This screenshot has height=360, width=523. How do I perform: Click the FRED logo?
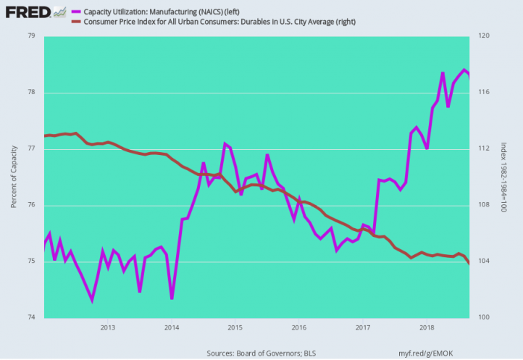(x=28, y=12)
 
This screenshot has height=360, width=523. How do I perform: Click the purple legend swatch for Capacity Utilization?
(x=76, y=12)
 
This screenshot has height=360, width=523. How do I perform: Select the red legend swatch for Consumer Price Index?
(x=76, y=22)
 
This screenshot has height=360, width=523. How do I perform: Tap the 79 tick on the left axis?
(x=32, y=35)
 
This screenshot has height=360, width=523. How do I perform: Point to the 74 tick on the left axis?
(x=32, y=317)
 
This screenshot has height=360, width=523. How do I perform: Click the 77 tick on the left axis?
(x=32, y=148)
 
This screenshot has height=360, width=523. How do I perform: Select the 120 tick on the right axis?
(x=484, y=35)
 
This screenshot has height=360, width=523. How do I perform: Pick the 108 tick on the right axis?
(x=484, y=204)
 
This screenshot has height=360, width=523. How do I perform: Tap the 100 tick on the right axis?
(x=484, y=317)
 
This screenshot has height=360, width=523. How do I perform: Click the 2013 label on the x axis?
(x=108, y=327)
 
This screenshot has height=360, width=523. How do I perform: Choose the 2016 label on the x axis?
(x=299, y=327)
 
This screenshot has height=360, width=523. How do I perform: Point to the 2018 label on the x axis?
(x=427, y=327)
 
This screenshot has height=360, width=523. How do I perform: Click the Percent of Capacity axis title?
(x=14, y=177)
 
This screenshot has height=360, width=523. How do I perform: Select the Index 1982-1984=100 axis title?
(x=503, y=177)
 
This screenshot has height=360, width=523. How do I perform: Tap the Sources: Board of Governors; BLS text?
(x=261, y=353)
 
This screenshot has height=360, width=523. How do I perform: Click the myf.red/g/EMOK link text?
(x=426, y=353)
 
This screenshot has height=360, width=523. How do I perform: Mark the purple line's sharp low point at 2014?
(x=172, y=298)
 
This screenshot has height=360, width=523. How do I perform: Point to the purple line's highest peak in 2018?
(x=464, y=70)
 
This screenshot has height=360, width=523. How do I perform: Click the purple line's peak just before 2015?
(x=225, y=144)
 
